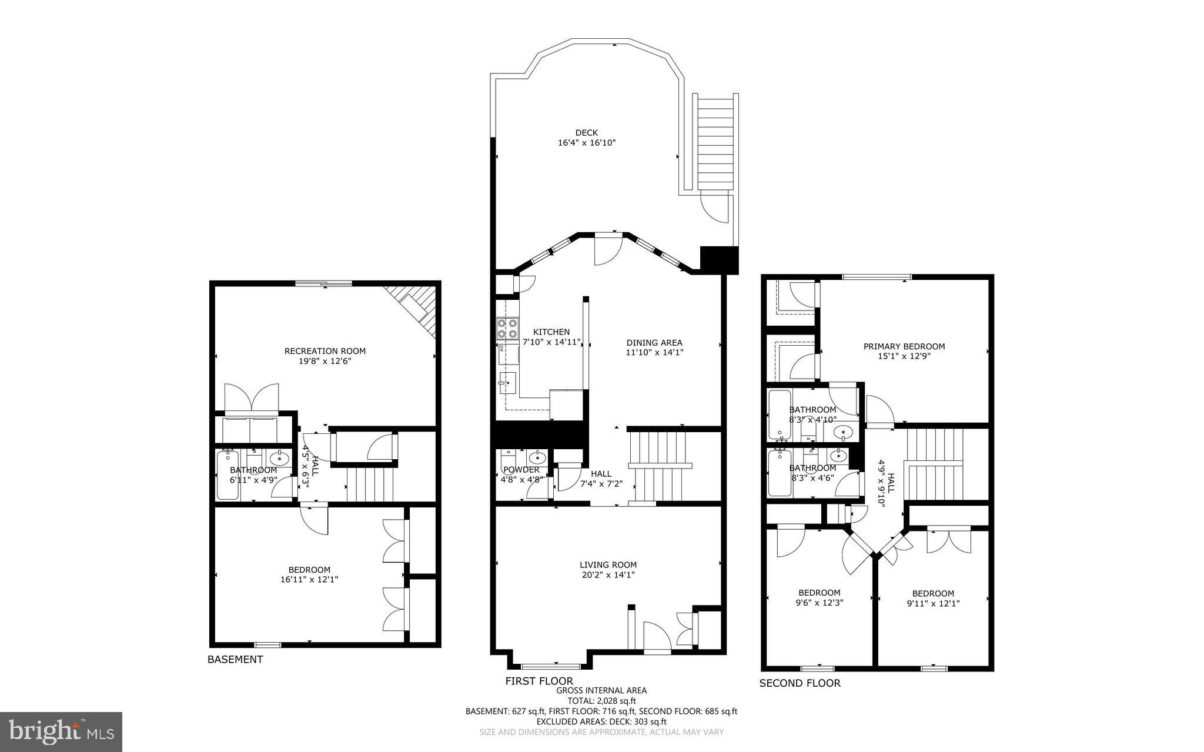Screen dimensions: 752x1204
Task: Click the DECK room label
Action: [586, 133]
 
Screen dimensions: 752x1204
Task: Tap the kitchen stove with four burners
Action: [507, 328]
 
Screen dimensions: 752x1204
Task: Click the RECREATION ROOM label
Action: [325, 351]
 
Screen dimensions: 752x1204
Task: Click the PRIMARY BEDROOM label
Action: [904, 346]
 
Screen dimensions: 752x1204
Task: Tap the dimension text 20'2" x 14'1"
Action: [607, 575]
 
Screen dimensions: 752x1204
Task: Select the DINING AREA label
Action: [654, 343]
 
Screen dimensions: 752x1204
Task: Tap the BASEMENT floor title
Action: [235, 660]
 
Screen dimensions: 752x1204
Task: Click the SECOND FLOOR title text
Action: [800, 683]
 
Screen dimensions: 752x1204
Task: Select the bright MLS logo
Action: [61, 731]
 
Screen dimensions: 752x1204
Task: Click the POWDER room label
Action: [521, 470]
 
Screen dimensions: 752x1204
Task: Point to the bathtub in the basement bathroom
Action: [228, 475]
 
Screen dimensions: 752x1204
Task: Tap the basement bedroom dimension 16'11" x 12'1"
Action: [309, 580]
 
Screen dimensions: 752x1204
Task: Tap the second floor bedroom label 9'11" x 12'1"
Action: [933, 603]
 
